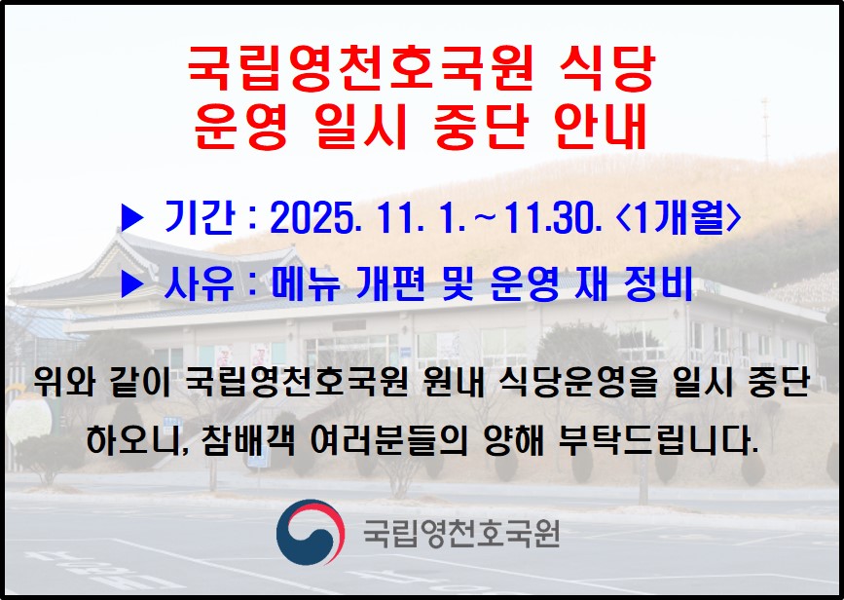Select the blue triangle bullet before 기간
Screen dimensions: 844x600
pyautogui.click(x=132, y=219)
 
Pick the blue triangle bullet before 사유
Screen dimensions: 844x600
pyautogui.click(x=132, y=283)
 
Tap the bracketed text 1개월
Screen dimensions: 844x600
pyautogui.click(x=678, y=218)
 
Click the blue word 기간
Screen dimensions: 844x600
pyautogui.click(x=199, y=218)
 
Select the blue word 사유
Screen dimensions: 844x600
pyautogui.click(x=199, y=283)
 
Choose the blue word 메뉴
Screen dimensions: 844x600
pyautogui.click(x=305, y=283)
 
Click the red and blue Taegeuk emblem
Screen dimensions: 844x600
pyautogui.click(x=310, y=532)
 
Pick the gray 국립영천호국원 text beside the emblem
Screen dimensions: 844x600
pyautogui.click(x=461, y=533)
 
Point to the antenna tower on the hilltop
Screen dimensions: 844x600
pyautogui.click(x=765, y=131)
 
